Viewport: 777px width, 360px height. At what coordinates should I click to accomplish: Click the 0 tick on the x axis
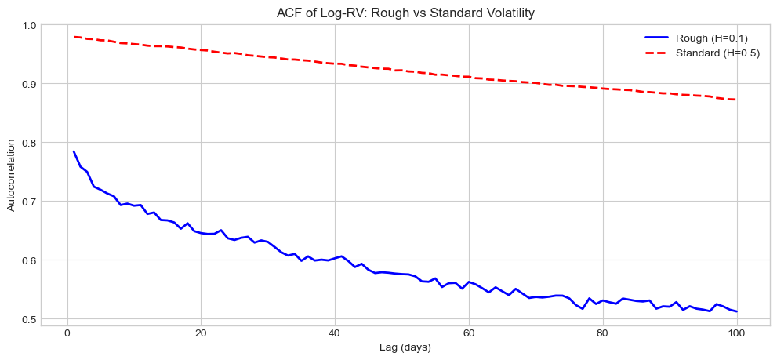(67, 332)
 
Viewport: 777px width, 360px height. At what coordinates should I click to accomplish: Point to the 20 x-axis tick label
(201, 332)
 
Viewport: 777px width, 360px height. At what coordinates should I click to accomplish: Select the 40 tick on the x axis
(335, 332)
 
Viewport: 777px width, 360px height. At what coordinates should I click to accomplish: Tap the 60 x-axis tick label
(469, 332)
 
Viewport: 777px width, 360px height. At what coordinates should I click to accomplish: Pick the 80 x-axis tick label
(602, 332)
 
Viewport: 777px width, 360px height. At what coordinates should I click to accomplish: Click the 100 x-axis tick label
(736, 332)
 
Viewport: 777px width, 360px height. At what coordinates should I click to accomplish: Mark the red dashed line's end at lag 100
(736, 100)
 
